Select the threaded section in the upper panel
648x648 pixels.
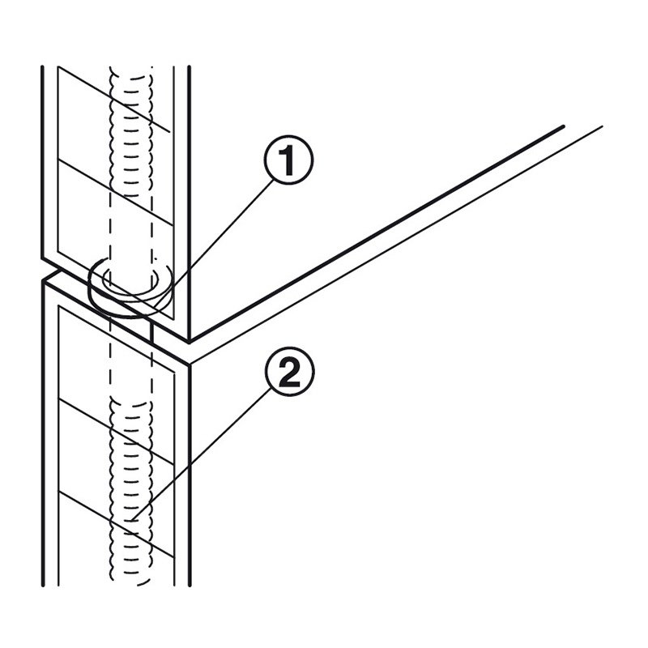tap(130, 131)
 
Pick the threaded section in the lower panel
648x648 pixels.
tap(130, 492)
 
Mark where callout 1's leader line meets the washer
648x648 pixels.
tap(156, 307)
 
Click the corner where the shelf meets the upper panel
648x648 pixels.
tap(190, 342)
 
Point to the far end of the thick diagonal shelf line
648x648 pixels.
tap(563, 126)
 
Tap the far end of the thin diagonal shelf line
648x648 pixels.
tap(602, 126)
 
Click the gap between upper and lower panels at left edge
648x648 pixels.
tap(43, 270)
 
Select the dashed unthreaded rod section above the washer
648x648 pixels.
tap(130, 232)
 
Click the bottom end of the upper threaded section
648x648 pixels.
tap(130, 195)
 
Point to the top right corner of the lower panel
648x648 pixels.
tap(190, 365)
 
